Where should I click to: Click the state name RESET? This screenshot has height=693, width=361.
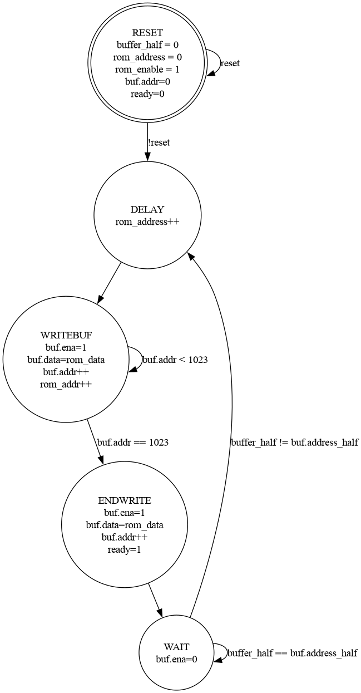(147, 32)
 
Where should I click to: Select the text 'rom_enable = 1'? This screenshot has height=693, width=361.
(147, 69)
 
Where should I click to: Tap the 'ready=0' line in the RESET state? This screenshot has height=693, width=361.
(147, 94)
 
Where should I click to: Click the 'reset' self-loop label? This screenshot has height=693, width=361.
(230, 63)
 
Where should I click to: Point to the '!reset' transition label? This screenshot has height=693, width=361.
(159, 142)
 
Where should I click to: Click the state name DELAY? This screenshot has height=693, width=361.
(147, 209)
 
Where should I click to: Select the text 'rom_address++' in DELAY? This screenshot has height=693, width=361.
(147, 222)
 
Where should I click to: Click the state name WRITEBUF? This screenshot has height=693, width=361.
(66, 335)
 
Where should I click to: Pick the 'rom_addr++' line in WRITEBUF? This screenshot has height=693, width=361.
(66, 384)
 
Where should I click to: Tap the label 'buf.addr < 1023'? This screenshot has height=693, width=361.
(175, 360)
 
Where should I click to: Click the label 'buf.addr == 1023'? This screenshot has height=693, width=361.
(133, 443)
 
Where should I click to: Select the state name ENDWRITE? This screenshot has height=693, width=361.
(124, 500)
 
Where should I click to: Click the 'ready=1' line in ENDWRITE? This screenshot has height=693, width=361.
(124, 549)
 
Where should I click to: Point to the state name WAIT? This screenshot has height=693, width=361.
(176, 647)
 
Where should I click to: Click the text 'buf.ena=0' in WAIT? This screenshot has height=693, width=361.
(176, 659)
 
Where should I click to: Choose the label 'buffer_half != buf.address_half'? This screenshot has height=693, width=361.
(294, 443)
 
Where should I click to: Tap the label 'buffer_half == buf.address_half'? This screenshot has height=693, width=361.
(292, 653)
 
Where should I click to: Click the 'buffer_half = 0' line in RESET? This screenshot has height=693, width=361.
(147, 45)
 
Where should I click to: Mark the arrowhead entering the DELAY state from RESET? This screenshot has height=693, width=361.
(147, 156)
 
